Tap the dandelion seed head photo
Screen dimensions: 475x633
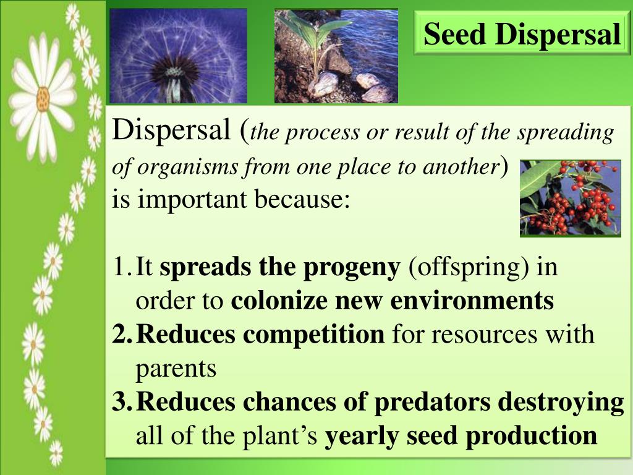178,56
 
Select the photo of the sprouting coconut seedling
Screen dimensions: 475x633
336,56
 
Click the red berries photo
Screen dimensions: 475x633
570,198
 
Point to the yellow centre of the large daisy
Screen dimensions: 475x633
43,97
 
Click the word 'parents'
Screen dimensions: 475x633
176,369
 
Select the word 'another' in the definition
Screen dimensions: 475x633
470,167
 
